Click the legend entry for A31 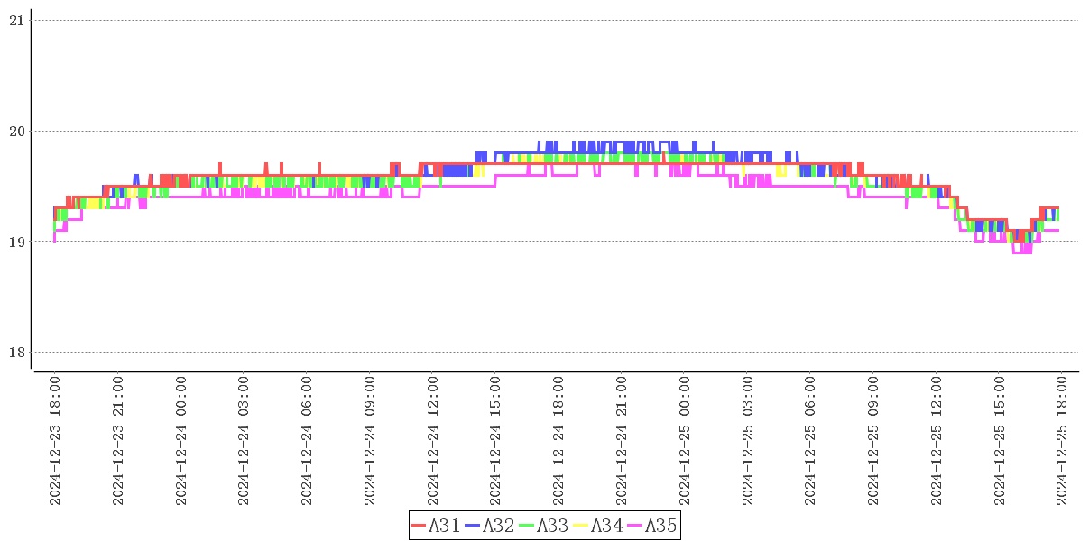click(x=436, y=526)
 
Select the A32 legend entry click(x=490, y=526)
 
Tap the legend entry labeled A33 click(x=544, y=526)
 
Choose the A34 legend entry click(x=598, y=526)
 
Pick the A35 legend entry click(x=652, y=526)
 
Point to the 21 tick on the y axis click(x=15, y=21)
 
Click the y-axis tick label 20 click(x=15, y=132)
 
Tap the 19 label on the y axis click(x=15, y=242)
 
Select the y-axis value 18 click(x=15, y=353)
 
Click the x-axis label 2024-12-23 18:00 click(x=55, y=442)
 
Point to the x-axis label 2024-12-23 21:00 click(x=118, y=442)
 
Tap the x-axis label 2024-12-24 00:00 click(x=181, y=442)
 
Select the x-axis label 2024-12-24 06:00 click(x=307, y=442)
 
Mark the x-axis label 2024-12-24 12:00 click(x=433, y=442)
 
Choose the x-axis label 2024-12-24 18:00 click(x=558, y=442)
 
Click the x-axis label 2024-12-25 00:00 click(x=685, y=442)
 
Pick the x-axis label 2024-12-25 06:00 click(x=810, y=442)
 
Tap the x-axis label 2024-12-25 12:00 click(x=937, y=442)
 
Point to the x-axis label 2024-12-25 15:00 click(x=1000, y=442)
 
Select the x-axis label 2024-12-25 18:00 click(x=1062, y=442)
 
